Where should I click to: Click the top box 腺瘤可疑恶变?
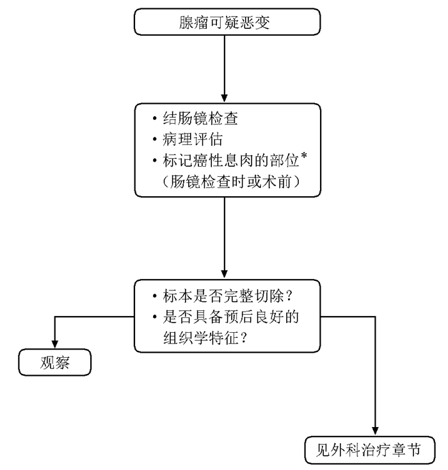227,22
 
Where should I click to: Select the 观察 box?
55,362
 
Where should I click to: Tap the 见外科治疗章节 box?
370,450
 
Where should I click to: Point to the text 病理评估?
193,139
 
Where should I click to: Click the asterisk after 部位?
304,156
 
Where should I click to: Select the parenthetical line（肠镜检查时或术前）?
231,181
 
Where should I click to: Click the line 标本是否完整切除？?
222,296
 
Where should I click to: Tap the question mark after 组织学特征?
243,338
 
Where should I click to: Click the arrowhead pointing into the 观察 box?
55,344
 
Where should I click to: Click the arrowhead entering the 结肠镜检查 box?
225,99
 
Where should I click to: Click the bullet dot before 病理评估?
154,139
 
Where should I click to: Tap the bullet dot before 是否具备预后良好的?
154,317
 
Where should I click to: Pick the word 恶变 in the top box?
255,22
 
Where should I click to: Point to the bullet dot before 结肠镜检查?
154,119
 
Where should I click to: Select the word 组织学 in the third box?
186,338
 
